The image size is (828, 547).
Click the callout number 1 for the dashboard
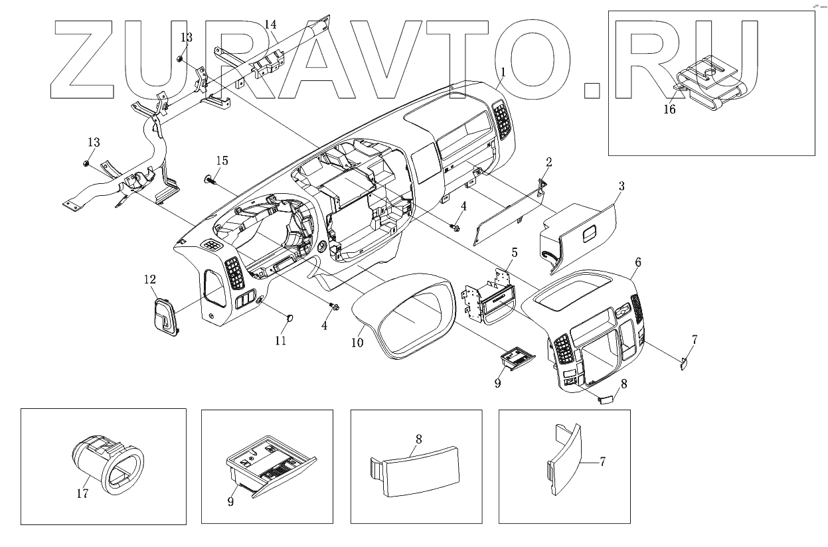point(504,71)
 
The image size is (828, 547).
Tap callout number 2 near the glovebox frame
point(549,161)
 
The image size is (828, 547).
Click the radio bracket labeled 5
point(490,299)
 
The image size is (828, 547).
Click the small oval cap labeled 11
point(290,319)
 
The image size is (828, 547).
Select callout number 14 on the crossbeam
point(270,25)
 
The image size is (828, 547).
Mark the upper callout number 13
point(187,38)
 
